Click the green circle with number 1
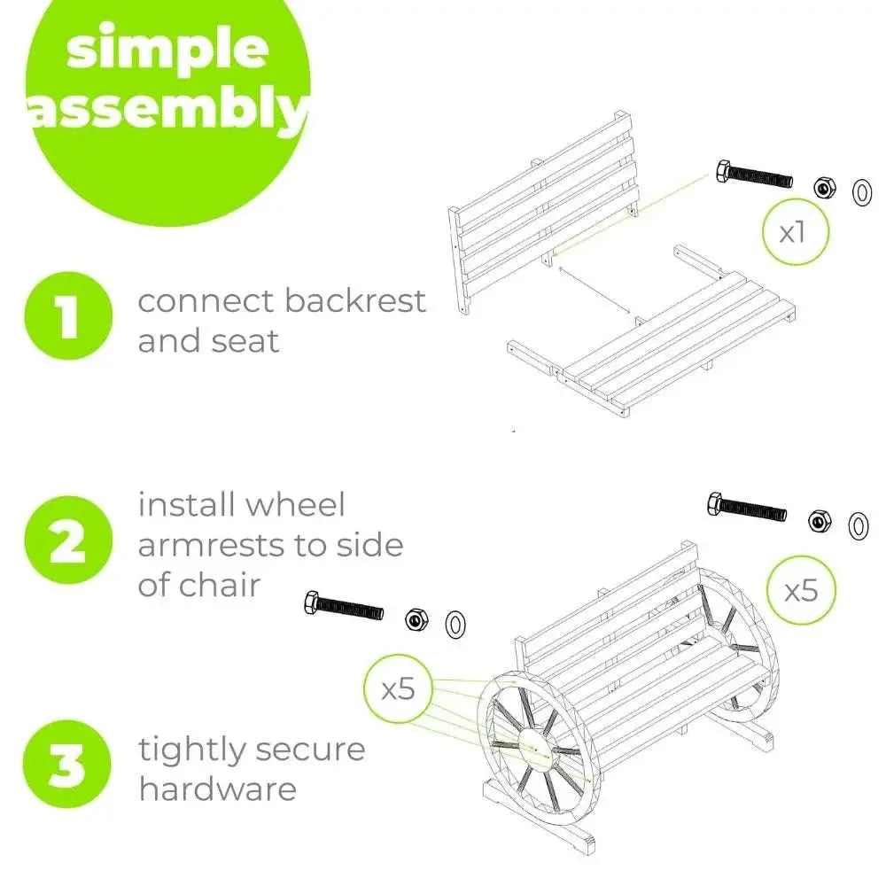pos(68,316)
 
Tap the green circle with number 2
pos(68,540)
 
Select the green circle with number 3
pos(67,764)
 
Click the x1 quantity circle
pos(796,231)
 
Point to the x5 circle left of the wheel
pos(399,688)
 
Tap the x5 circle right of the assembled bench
pos(801,590)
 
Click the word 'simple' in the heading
pos(167,50)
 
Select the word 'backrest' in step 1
pos(355,300)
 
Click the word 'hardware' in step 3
pos(218,789)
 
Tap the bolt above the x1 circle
pos(754,175)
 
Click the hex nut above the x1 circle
pos(824,187)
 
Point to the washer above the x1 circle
pos(862,193)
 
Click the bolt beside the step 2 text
pos(344,605)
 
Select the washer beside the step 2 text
pos(455,625)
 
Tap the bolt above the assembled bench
pos(746,507)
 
